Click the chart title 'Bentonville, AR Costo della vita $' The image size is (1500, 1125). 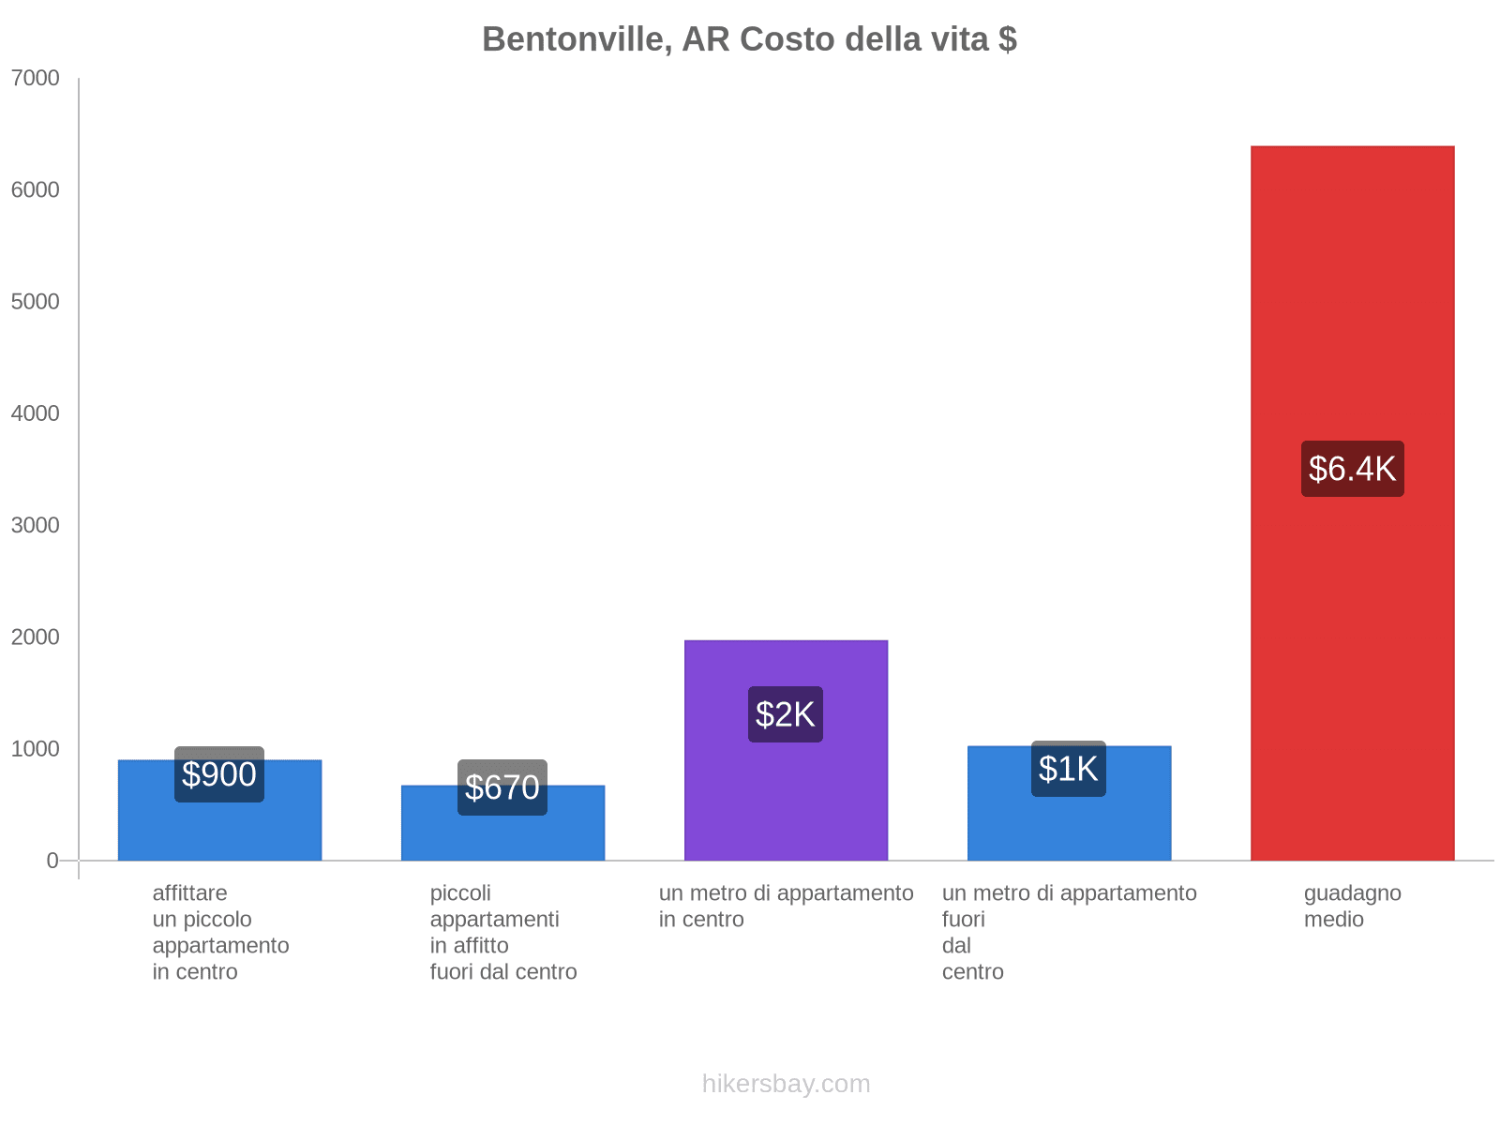click(x=749, y=39)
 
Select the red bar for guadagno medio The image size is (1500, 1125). click(x=1352, y=502)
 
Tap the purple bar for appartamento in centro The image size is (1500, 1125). click(x=786, y=750)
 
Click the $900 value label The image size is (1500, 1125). click(x=218, y=774)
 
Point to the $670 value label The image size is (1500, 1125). click(x=502, y=787)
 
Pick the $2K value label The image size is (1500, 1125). click(x=786, y=713)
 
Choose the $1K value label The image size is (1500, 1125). click(x=1068, y=769)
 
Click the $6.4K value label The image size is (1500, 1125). click(x=1353, y=469)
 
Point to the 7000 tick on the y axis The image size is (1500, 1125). click(x=36, y=78)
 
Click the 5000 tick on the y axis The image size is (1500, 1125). click(x=36, y=301)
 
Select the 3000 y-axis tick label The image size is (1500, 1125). click(x=36, y=525)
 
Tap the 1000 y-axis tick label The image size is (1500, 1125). click(x=36, y=749)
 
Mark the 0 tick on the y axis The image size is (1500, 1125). click(x=52, y=860)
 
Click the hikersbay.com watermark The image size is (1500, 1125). click(x=786, y=1083)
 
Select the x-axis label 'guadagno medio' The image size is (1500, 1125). click(x=1353, y=906)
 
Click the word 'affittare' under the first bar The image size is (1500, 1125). click(x=190, y=892)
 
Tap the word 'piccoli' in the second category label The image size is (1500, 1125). click(x=460, y=892)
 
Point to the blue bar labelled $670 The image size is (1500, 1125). click(x=502, y=822)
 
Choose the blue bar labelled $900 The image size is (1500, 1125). click(x=219, y=810)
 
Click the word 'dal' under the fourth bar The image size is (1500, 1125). click(x=956, y=945)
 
